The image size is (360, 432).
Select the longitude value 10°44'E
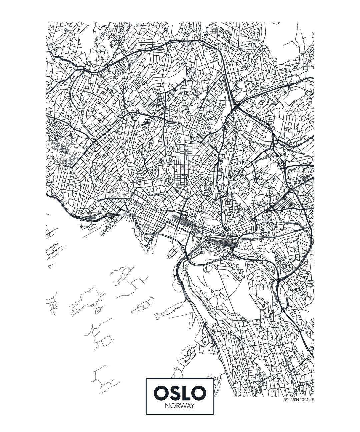pos(306,400)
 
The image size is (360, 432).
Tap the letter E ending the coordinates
pos(313,400)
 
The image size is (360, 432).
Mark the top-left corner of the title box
pos(146,378)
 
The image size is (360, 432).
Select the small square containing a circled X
pos(182,166)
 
